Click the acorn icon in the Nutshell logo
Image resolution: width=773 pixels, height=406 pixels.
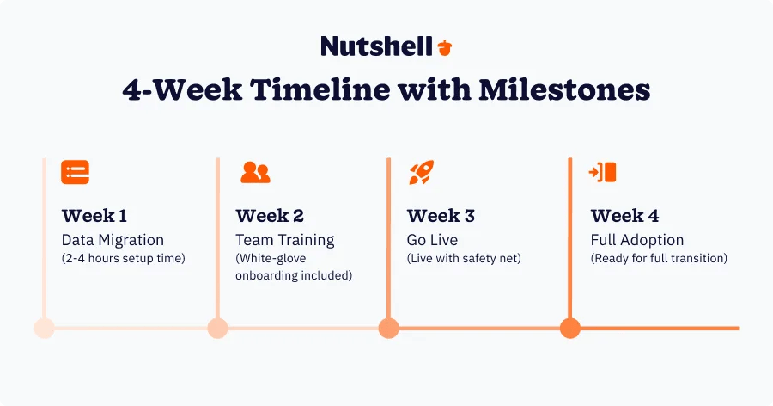[444, 46]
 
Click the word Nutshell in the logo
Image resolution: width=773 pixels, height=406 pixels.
[376, 46]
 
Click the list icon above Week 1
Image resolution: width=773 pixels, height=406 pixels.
[75, 172]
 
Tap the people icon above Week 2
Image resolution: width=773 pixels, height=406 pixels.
[255, 172]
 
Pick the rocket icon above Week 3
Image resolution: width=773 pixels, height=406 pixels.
[421, 172]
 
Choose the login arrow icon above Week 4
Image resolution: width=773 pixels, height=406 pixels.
[603, 172]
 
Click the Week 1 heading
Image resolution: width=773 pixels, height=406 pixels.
[95, 215]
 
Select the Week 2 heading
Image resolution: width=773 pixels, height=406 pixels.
[270, 215]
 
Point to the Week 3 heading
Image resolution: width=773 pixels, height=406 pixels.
[441, 215]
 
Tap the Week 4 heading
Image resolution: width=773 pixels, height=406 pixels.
[624, 215]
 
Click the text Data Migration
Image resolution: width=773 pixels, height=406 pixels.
[113, 240]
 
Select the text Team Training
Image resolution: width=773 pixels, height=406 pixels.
[285, 240]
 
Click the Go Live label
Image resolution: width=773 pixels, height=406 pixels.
[432, 240]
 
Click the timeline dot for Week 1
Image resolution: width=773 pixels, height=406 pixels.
[44, 328]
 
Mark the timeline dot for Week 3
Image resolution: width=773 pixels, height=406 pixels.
[388, 328]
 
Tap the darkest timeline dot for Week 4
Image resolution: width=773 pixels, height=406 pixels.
[570, 328]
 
